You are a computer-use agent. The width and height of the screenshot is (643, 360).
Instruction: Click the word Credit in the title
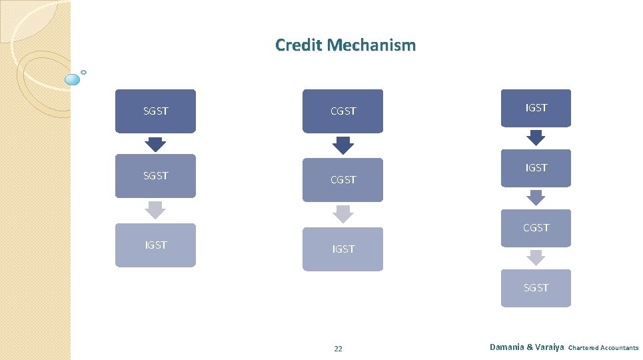point(297,45)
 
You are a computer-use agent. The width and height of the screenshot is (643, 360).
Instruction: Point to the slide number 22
point(338,349)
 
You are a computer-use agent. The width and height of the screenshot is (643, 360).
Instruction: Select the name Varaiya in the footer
point(548,347)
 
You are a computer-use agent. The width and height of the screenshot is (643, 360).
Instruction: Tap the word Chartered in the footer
point(583,348)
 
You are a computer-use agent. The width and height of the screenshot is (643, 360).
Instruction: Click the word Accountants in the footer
point(619,348)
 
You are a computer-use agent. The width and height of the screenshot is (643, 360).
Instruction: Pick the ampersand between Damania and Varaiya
point(530,347)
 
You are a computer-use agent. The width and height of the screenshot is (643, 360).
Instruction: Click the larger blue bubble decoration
point(73,80)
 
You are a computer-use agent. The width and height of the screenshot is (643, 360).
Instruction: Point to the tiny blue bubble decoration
point(84,72)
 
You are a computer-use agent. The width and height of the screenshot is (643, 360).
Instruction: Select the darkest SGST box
point(155,111)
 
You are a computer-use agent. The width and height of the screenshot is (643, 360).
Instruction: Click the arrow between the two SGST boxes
point(155,144)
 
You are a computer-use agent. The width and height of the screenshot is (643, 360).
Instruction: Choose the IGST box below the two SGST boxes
point(155,245)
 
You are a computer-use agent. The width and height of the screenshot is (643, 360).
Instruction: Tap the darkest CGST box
point(343,111)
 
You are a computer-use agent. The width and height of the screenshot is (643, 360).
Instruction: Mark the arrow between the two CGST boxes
point(343,145)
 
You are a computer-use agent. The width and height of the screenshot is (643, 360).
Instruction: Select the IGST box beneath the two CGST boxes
point(343,249)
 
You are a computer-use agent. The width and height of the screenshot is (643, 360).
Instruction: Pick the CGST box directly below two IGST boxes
point(536,228)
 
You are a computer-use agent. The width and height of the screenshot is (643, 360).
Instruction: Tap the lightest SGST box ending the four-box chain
point(536,288)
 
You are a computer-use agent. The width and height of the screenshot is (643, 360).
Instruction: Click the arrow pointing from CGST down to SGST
point(536,257)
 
